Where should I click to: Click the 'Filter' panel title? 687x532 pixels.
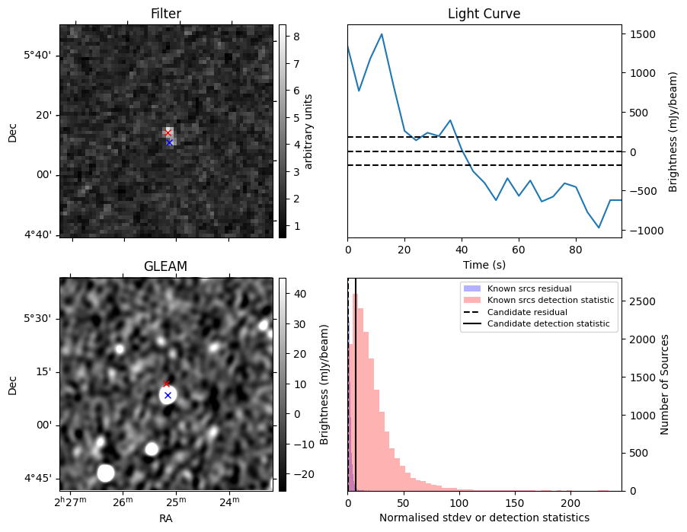point(166,14)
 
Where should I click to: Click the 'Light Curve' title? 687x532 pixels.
point(484,14)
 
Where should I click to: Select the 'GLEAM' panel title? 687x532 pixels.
point(166,266)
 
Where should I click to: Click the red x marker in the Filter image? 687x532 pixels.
point(168,132)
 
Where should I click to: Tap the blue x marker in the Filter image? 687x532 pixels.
point(169,142)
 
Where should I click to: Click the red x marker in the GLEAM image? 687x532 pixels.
point(167,384)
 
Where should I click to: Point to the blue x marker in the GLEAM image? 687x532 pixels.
point(168,395)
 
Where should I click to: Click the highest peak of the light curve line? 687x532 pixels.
point(382,34)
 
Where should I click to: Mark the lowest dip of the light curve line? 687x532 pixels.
point(599,228)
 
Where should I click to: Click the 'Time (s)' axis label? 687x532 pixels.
point(484,265)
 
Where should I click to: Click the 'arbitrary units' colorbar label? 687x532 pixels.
point(308,131)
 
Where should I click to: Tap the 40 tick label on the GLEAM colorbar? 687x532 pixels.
point(295,293)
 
